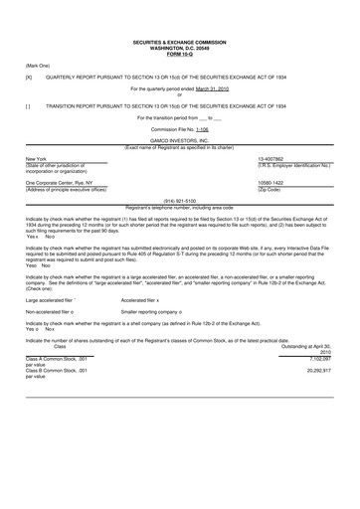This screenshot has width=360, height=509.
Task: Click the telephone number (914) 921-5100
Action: point(180,200)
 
